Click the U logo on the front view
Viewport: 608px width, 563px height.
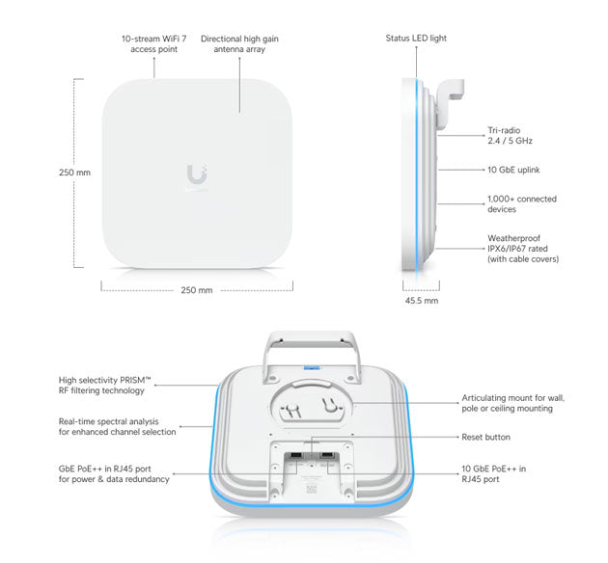pyautogui.click(x=197, y=175)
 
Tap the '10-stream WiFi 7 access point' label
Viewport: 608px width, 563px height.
pyautogui.click(x=154, y=44)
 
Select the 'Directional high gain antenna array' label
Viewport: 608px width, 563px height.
pyautogui.click(x=240, y=44)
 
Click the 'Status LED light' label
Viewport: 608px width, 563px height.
pyautogui.click(x=416, y=39)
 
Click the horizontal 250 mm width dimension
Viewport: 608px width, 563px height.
pyautogui.click(x=197, y=290)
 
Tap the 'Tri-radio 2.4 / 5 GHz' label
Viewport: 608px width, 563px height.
pyautogui.click(x=510, y=135)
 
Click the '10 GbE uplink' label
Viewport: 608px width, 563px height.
pyautogui.click(x=513, y=170)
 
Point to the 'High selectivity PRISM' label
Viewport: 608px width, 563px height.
pyautogui.click(x=101, y=385)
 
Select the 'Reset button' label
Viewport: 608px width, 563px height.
pyautogui.click(x=486, y=437)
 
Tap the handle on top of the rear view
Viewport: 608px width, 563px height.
pyautogui.click(x=310, y=345)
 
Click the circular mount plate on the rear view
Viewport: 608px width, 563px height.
pyautogui.click(x=310, y=406)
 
